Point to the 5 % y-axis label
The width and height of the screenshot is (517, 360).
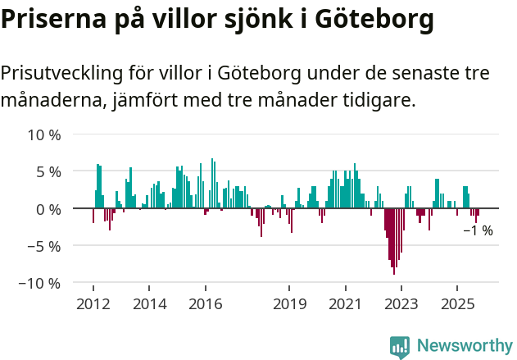48,171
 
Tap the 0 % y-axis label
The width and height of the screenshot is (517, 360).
48,209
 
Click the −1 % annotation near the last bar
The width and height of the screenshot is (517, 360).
478,231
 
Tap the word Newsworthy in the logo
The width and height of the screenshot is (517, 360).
464,346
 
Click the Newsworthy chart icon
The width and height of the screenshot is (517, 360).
400,347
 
